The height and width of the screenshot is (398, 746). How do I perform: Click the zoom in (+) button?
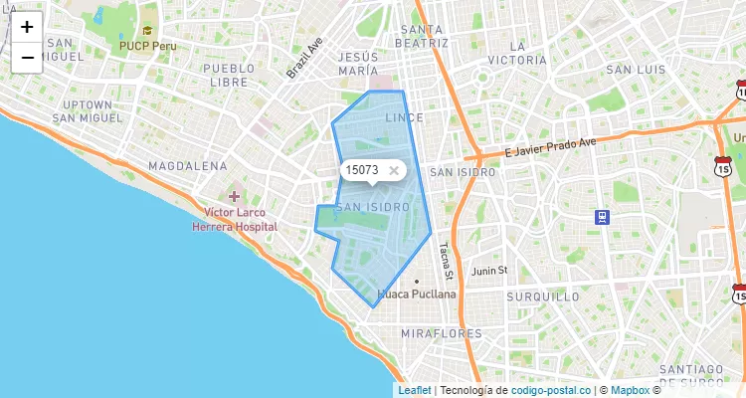(27, 28)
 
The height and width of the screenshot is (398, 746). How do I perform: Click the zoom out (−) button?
(27, 58)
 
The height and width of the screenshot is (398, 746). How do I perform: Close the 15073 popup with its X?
(394, 170)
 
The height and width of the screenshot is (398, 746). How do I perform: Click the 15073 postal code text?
(362, 170)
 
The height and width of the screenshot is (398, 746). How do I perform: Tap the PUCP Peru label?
(147, 46)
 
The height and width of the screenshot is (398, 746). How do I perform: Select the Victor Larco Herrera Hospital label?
(235, 219)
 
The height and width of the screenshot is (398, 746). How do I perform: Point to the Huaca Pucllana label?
(418, 295)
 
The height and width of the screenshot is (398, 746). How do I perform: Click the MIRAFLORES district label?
(441, 333)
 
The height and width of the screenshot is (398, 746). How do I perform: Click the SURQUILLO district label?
(542, 297)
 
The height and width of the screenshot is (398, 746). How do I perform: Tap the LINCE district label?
(403, 117)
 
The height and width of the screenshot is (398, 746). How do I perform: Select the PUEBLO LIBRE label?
(229, 75)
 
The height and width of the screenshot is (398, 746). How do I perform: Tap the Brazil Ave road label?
(305, 59)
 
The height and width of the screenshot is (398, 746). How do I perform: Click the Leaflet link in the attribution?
(415, 390)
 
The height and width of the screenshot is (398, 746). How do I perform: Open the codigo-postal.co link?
(557, 390)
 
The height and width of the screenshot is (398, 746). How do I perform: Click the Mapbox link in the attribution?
(629, 390)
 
